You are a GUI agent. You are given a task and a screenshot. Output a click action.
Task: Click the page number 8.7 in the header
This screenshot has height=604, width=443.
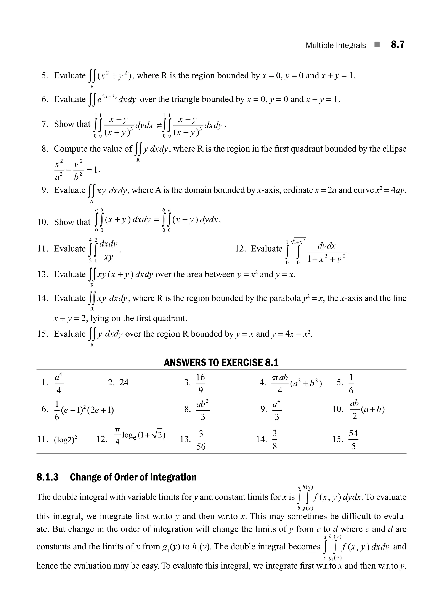(397, 44)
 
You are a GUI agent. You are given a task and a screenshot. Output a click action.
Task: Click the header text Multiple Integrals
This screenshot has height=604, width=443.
(335, 45)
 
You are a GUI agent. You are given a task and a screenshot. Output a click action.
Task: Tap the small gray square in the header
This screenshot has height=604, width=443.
(377, 45)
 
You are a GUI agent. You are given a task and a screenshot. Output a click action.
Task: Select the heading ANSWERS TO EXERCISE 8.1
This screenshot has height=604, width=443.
(221, 363)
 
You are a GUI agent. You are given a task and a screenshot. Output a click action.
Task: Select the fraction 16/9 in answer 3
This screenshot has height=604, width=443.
(200, 383)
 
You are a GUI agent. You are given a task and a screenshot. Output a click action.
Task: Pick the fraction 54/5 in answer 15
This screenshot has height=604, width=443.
(353, 439)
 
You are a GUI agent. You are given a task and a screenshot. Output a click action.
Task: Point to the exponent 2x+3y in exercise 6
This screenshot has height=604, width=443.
(110, 96)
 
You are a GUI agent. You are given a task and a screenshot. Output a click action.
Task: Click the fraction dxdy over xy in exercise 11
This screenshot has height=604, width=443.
(109, 250)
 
